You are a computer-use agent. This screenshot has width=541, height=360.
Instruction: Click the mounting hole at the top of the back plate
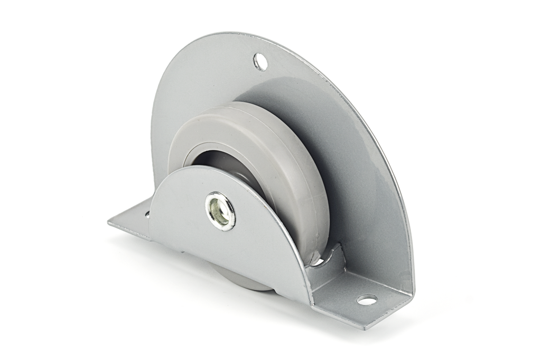260,62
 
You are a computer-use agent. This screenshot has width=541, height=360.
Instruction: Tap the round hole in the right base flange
367,300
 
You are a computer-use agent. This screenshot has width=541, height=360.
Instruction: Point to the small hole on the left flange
147,215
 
